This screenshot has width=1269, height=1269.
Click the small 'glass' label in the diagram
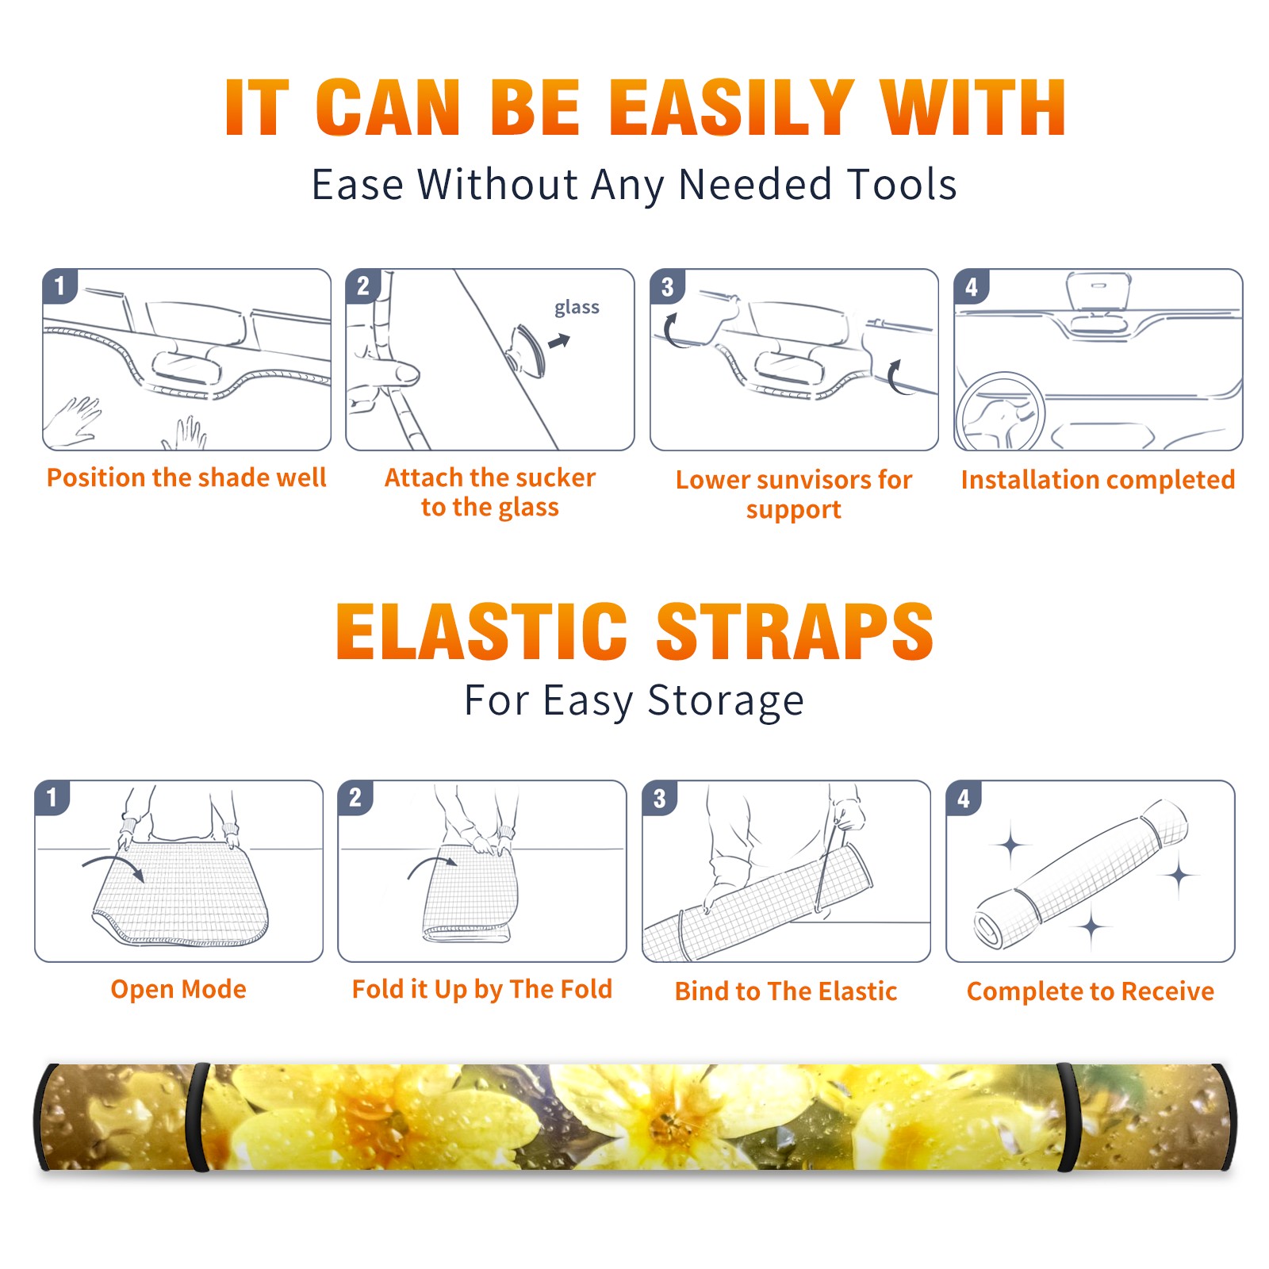click(x=577, y=308)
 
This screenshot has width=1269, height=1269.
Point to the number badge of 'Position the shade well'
click(x=59, y=286)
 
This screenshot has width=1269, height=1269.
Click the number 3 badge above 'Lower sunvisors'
click(x=667, y=286)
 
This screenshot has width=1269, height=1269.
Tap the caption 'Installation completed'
click(x=1098, y=480)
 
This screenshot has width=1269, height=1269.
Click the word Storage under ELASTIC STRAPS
click(x=726, y=701)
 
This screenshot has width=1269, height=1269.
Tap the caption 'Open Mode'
click(x=178, y=989)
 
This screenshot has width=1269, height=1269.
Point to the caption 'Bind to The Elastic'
click(x=786, y=991)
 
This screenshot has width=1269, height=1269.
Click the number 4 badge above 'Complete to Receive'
click(x=964, y=798)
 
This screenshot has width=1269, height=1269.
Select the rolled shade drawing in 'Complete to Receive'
click(x=1081, y=874)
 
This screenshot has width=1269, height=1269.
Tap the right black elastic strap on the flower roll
click(x=1068, y=1118)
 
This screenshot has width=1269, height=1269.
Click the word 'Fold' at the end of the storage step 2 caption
click(x=586, y=989)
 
